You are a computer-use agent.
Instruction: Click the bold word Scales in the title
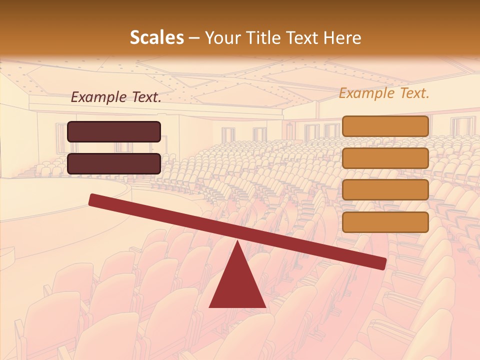[x=156, y=38]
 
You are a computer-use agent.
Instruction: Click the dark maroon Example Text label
[x=116, y=97]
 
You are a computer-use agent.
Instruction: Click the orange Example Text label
[x=384, y=93]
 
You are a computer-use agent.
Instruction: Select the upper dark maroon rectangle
[x=114, y=131]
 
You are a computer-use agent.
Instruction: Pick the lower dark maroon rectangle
[x=114, y=163]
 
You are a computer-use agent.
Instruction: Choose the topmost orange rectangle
[x=385, y=126]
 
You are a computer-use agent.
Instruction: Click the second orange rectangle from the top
[x=385, y=158]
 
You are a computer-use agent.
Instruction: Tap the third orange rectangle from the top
[x=385, y=190]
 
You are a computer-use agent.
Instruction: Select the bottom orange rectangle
[x=385, y=222]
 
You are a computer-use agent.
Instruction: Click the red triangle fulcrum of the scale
[x=237, y=285]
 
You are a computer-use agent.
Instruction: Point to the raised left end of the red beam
[x=93, y=199]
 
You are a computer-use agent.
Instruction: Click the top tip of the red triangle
[x=237, y=242]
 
